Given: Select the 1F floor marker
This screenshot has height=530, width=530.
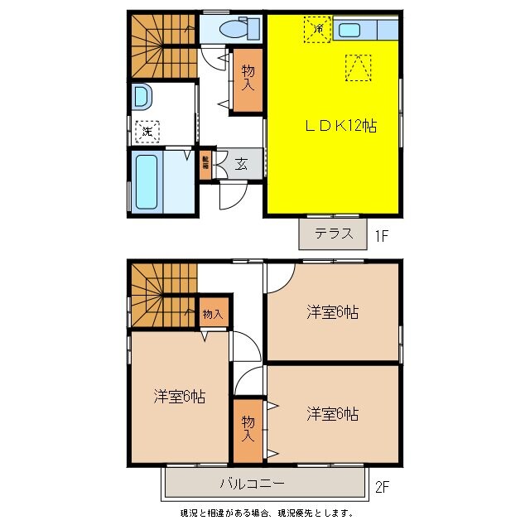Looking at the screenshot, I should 381,236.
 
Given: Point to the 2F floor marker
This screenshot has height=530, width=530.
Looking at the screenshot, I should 381,488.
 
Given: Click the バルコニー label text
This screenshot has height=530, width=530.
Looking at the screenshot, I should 253,484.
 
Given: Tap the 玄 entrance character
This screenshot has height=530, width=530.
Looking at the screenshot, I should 241,164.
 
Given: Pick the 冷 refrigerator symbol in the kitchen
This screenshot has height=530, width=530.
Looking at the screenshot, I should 317,28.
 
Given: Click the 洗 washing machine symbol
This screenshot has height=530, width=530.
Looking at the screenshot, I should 147,130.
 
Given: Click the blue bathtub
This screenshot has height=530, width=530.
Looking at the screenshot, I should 146,181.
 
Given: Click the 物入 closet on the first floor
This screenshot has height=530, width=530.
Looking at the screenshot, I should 248,79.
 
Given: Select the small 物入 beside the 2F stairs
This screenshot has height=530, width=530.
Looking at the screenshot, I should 213,314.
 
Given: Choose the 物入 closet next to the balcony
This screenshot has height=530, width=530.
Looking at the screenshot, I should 248,428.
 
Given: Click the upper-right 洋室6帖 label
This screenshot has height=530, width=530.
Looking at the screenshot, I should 333,312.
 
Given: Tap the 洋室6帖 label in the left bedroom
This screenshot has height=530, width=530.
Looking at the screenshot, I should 179,397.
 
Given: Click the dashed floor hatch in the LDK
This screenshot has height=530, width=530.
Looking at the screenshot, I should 357,69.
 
